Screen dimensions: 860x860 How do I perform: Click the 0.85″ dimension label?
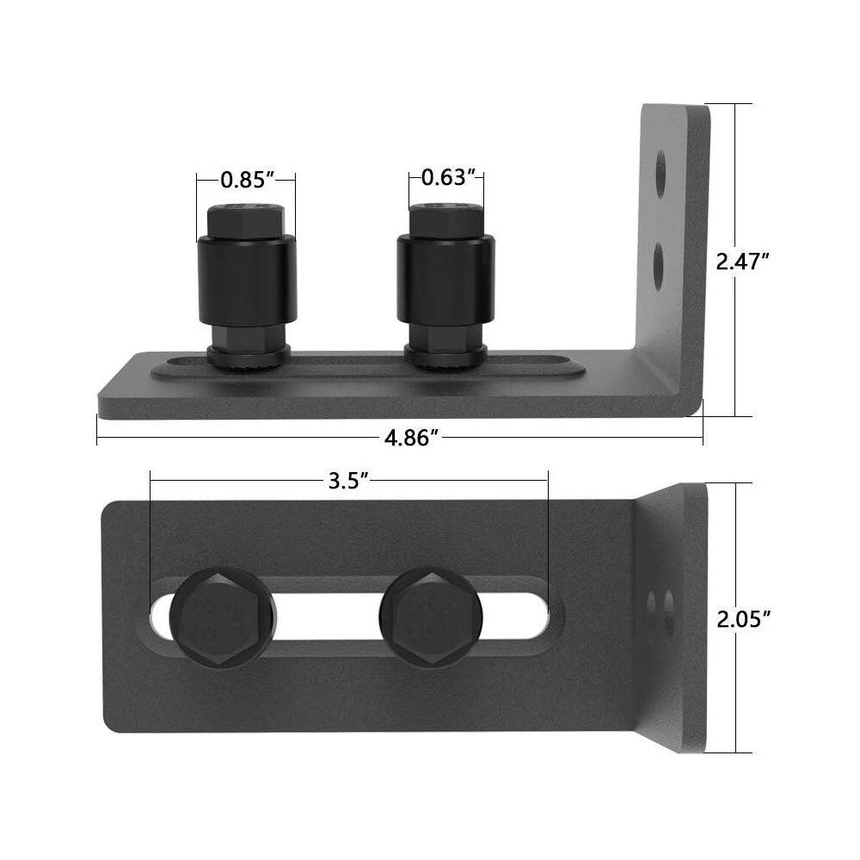point(248,180)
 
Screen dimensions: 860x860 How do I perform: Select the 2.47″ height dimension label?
point(743,261)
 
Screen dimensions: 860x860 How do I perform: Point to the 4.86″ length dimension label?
point(411,438)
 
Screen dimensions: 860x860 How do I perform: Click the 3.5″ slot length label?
point(347,481)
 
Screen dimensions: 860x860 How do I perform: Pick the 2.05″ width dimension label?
point(744,620)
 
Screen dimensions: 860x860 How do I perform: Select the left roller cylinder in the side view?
point(248,279)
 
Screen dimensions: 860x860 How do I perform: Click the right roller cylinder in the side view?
point(445,279)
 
